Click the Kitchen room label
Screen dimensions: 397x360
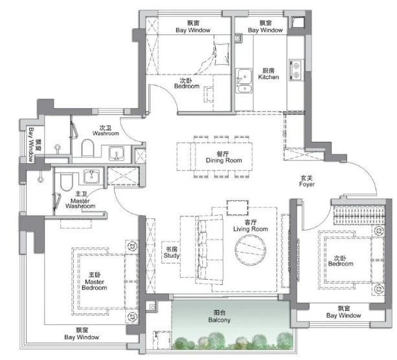[x=268, y=74]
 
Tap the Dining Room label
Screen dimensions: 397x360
[x=224, y=157]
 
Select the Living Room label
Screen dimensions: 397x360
[x=251, y=225]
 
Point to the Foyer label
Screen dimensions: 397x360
[x=306, y=181]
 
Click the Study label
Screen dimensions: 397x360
[x=172, y=253]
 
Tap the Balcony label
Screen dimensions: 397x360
[x=220, y=316]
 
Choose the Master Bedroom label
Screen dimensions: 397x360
[x=95, y=281]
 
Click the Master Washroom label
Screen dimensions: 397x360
[x=80, y=200]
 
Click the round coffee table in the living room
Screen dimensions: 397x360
[x=250, y=250]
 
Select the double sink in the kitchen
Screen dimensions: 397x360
[x=244, y=81]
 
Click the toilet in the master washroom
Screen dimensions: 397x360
[x=66, y=182]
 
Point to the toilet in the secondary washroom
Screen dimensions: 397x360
[x=87, y=148]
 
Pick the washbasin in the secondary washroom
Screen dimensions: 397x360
[x=117, y=153]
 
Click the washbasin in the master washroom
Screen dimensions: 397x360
[x=92, y=176]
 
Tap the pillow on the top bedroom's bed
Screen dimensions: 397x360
[x=221, y=54]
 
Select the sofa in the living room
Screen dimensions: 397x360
[x=209, y=250]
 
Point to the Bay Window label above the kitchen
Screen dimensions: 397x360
[x=265, y=27]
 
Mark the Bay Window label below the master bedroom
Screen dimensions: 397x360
[x=82, y=333]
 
